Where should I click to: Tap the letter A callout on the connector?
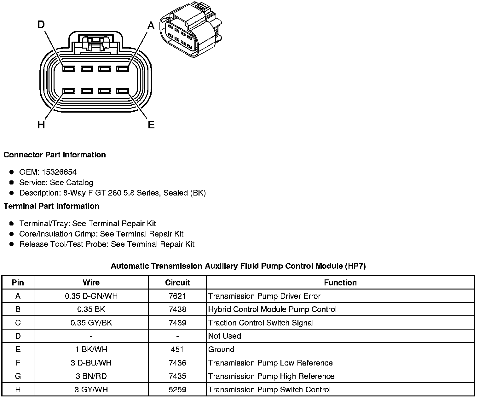pyautogui.click(x=151, y=25)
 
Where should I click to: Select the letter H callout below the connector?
pyautogui.click(x=41, y=125)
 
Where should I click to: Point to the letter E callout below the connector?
pyautogui.click(x=151, y=125)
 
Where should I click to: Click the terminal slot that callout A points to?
pyautogui.click(x=123, y=69)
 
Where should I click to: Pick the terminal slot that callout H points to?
pyautogui.click(x=69, y=91)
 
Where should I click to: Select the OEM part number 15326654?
pyautogui.click(x=59, y=172)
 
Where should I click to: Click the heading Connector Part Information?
pyautogui.click(x=55, y=155)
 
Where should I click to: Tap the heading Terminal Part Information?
pyautogui.click(x=51, y=206)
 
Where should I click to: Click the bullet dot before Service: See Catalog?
pyautogui.click(x=12, y=183)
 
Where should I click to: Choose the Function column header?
pyautogui.click(x=340, y=283)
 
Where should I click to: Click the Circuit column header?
pyautogui.click(x=177, y=283)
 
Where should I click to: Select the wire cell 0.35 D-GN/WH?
pyautogui.click(x=91, y=296)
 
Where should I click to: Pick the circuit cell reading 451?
pyautogui.click(x=177, y=349)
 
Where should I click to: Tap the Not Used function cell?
pyautogui.click(x=225, y=336)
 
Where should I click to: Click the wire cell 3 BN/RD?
pyautogui.click(x=91, y=376)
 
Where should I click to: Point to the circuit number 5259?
pyautogui.click(x=177, y=390)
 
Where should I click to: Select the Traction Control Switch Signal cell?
pyautogui.click(x=261, y=323)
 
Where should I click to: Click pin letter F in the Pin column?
pyautogui.click(x=18, y=363)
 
